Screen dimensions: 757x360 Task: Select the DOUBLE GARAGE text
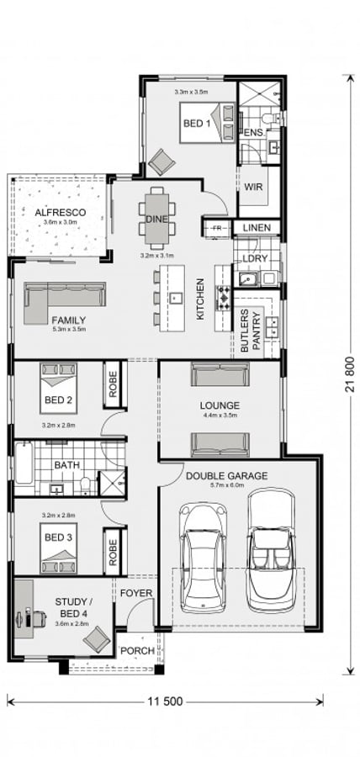tap(226, 476)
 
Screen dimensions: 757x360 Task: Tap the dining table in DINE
tap(156, 213)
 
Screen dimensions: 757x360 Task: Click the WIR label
tap(254, 187)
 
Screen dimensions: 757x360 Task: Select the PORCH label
tap(135, 650)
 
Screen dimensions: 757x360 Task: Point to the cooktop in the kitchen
tap(225, 297)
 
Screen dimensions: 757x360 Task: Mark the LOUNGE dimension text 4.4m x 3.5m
tap(220, 415)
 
